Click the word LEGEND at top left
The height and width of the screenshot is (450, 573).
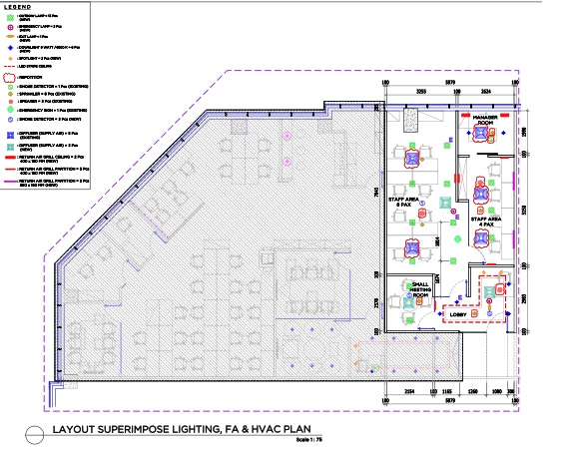[19, 7]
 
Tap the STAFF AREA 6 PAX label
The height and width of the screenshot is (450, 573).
[403, 203]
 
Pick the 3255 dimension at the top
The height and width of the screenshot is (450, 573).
[422, 90]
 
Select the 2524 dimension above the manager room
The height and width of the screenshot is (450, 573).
[486, 90]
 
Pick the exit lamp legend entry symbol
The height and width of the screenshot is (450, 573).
[10, 37]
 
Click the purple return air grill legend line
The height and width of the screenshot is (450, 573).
[10, 182]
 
